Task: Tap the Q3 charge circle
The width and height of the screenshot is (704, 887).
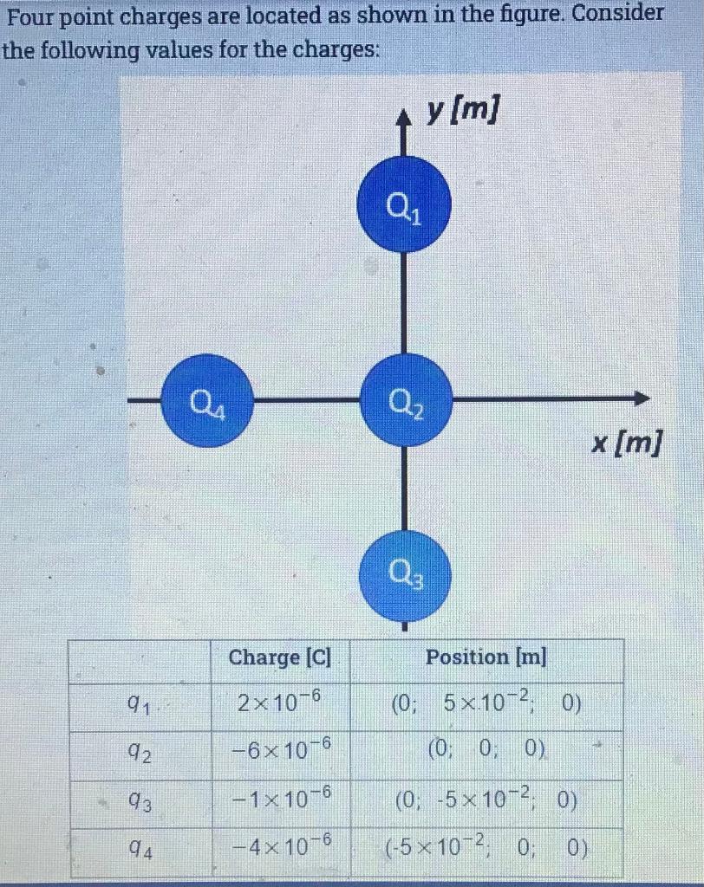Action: [406, 572]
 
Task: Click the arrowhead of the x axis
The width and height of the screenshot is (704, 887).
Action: [642, 399]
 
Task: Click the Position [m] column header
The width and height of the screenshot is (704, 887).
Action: [486, 657]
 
